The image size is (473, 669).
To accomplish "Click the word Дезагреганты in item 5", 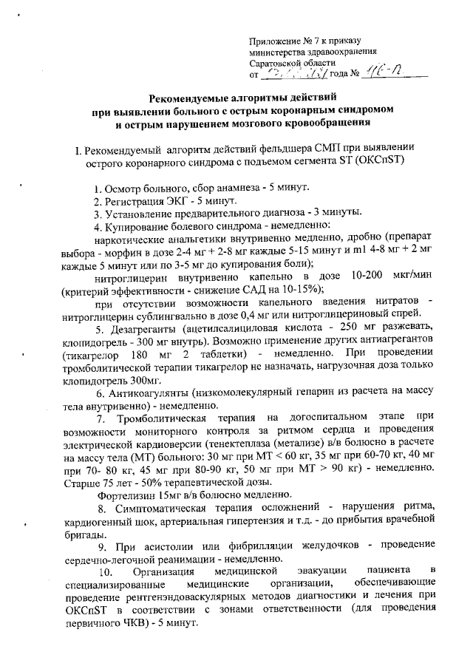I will [145, 327].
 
